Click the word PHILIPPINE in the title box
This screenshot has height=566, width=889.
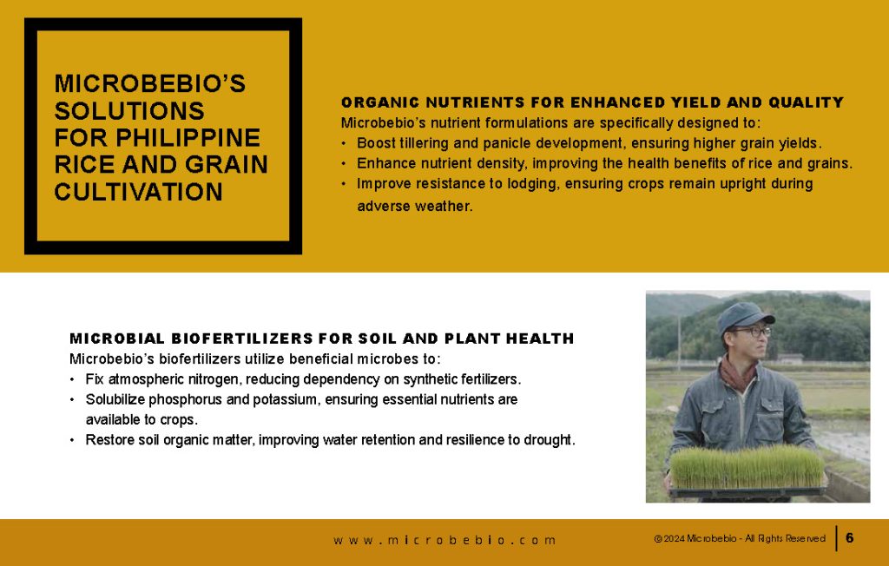(188, 138)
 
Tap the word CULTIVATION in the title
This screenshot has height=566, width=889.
(138, 192)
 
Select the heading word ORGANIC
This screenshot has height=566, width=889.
(379, 102)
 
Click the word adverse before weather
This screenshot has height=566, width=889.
(383, 206)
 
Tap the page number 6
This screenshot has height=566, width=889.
(849, 537)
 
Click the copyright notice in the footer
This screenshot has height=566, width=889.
(740, 538)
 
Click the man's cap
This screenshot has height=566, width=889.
(744, 317)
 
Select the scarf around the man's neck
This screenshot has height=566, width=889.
(738, 374)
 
